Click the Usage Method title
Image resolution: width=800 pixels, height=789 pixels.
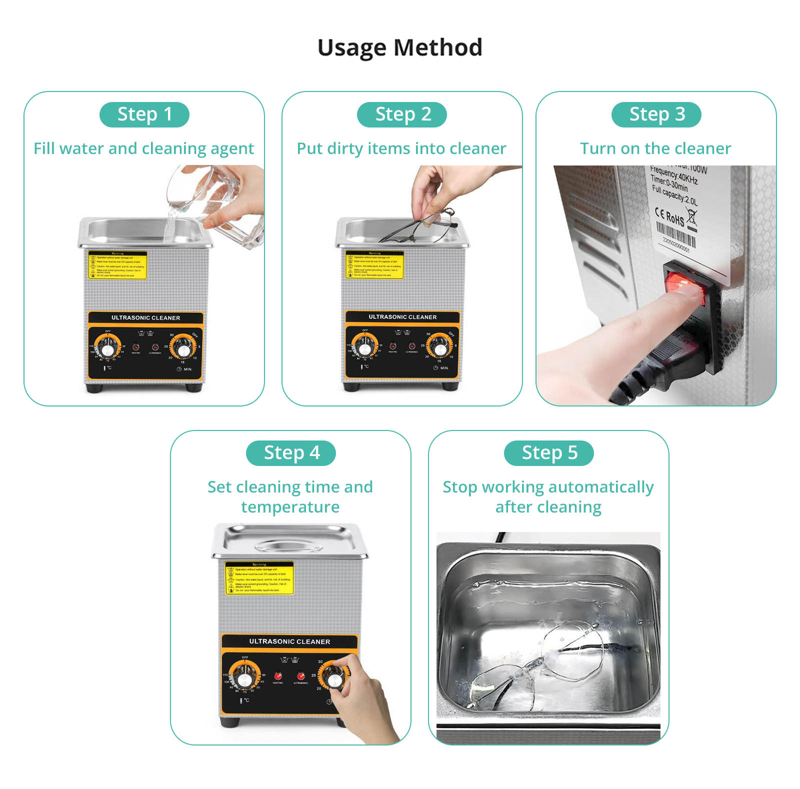tap(399, 48)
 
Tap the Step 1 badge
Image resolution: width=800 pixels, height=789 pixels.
tap(144, 114)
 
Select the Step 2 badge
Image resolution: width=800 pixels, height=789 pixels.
tap(402, 114)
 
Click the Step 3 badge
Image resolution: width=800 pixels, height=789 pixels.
tap(656, 114)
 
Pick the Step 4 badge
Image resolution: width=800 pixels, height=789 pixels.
tap(291, 453)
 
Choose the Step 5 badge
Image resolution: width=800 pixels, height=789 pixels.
tap(548, 453)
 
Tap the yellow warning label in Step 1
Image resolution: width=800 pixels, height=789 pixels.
tap(117, 265)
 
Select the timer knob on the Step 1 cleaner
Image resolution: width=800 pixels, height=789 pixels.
tap(183, 346)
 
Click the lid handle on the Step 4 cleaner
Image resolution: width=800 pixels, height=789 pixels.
tap(288, 546)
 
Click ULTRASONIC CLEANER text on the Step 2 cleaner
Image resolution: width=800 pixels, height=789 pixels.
tap(402, 317)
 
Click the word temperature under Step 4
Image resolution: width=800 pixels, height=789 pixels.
tap(290, 507)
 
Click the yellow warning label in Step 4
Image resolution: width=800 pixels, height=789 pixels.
tap(259, 578)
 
